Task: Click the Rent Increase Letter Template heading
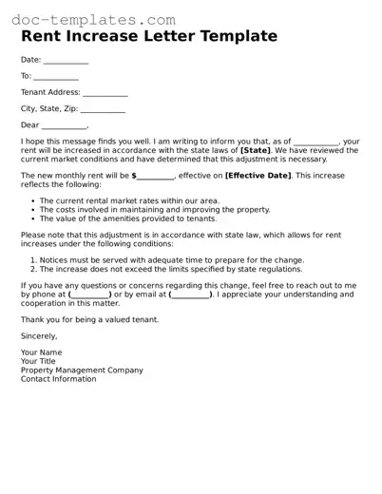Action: click(x=149, y=37)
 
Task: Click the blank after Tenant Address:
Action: click(x=105, y=94)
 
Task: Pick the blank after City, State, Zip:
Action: click(x=102, y=110)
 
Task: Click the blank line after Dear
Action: click(x=65, y=126)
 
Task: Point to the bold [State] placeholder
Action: click(x=256, y=150)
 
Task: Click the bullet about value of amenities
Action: click(x=135, y=218)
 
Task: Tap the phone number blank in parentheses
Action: click(x=90, y=295)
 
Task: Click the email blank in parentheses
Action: click(x=191, y=295)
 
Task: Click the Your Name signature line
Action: click(x=42, y=353)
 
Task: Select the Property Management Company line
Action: click(x=82, y=370)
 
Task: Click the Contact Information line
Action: click(x=58, y=379)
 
